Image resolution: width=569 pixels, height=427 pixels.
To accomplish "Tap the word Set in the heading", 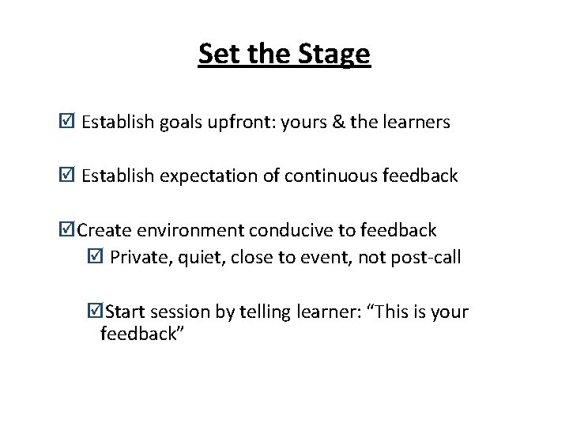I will pyautogui.click(x=216, y=55).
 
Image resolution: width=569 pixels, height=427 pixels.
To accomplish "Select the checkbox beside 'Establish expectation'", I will pyautogui.click(x=68, y=176).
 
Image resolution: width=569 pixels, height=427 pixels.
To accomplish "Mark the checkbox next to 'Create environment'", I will pyautogui.click(x=68, y=230).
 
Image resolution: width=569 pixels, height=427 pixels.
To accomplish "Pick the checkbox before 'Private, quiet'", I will pyautogui.click(x=96, y=256).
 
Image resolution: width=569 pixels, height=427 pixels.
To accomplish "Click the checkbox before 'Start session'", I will pyautogui.click(x=96, y=311).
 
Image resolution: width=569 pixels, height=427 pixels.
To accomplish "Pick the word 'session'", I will pyautogui.click(x=181, y=312).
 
